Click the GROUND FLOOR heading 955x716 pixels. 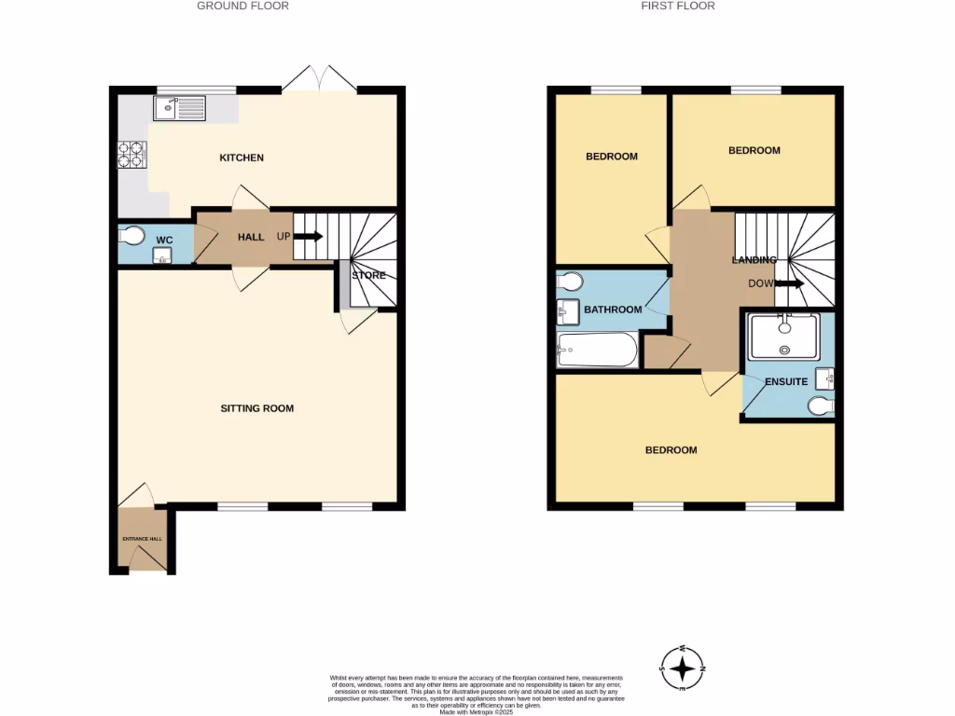[242, 6]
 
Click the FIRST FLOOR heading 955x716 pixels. [678, 6]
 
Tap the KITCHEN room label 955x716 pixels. [242, 158]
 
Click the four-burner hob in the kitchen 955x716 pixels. [131, 154]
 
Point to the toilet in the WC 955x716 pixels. [131, 235]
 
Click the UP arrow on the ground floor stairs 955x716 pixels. [311, 237]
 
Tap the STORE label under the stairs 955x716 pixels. [368, 275]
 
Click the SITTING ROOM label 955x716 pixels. [256, 408]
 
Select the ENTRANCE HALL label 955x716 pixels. [142, 539]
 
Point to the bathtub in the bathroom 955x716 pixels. [597, 351]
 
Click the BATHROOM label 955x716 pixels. [613, 310]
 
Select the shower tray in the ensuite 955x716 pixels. [785, 334]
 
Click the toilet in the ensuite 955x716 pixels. [821, 406]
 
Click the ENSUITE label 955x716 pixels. [786, 382]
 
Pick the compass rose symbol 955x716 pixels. [684, 668]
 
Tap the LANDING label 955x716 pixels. [754, 260]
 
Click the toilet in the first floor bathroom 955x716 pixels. [569, 280]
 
